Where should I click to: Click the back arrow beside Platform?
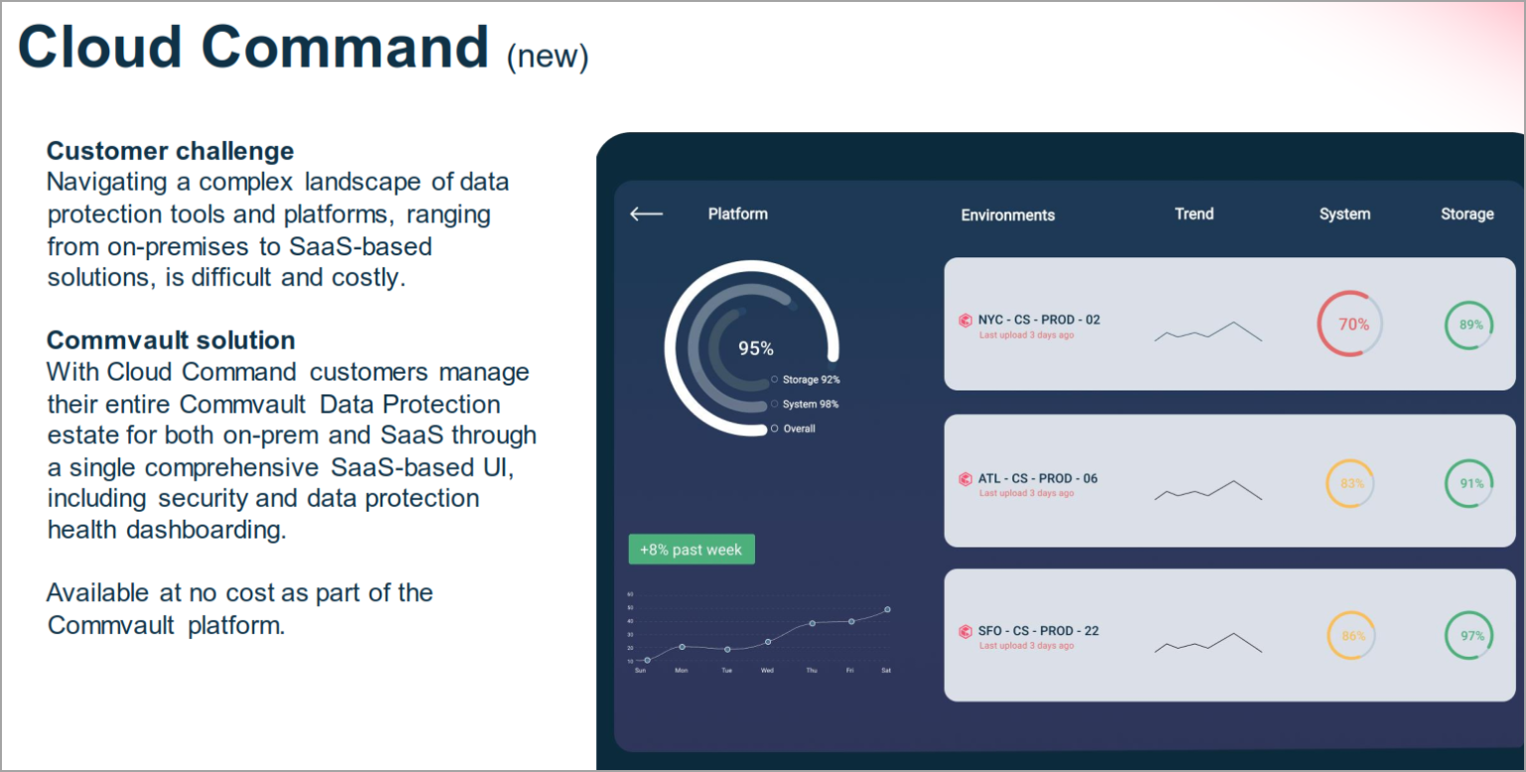646,214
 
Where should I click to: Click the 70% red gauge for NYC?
1350,324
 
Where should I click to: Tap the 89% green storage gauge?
1469,325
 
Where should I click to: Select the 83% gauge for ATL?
1350,484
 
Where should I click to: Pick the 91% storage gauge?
1469,484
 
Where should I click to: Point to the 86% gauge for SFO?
1351,636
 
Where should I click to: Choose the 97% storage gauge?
1469,636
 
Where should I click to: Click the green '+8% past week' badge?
691,549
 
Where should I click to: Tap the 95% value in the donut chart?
755,349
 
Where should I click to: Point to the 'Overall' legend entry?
798,429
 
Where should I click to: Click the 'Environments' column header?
1007,215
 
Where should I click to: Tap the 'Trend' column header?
1194,214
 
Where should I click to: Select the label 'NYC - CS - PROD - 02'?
1038,320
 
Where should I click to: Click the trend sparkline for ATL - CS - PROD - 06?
1208,490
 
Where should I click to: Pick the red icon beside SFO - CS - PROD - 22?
965,631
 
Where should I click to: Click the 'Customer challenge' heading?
170,151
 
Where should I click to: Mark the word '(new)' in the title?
547,57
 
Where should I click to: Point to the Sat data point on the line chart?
887,610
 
